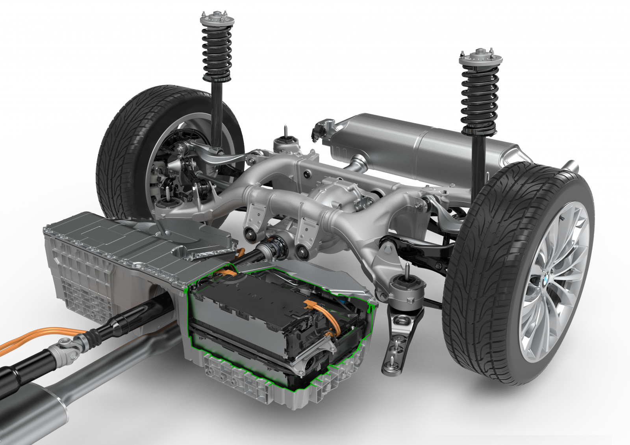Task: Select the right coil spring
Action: [479, 98]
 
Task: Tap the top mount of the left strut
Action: [215, 19]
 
